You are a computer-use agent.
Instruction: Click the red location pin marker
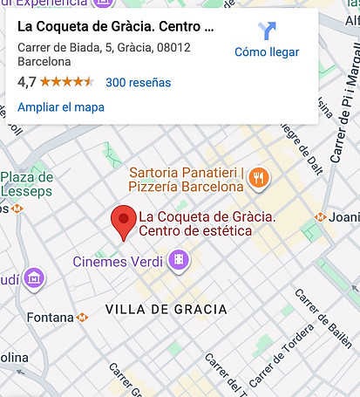(x=126, y=222)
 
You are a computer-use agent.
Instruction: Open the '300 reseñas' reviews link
(x=138, y=83)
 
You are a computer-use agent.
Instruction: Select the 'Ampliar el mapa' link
(x=61, y=107)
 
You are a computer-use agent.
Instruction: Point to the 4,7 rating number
(x=27, y=83)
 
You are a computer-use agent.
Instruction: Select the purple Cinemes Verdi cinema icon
(x=179, y=259)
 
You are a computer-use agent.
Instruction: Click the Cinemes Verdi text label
(x=119, y=261)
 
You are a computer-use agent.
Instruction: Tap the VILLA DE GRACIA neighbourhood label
(x=166, y=310)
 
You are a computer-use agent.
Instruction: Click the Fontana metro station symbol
(x=83, y=318)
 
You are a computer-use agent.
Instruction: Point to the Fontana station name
(x=50, y=318)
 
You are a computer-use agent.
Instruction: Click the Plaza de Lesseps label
(x=27, y=184)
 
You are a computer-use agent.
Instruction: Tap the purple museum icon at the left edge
(x=35, y=278)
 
